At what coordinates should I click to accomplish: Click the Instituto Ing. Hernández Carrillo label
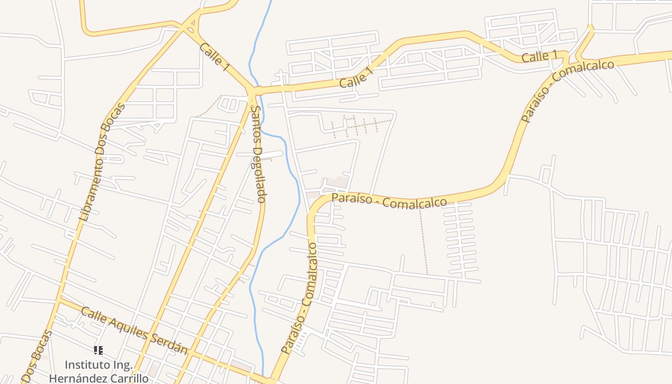98,372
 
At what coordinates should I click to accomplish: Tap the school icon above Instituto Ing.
98,350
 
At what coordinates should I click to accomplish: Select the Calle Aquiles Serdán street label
134,331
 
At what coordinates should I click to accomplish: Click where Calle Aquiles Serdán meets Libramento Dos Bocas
59,301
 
